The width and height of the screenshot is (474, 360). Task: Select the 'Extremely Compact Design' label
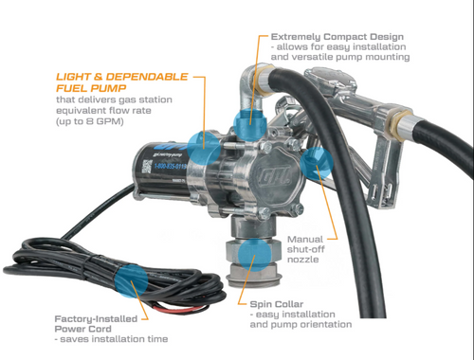(x=336, y=36)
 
